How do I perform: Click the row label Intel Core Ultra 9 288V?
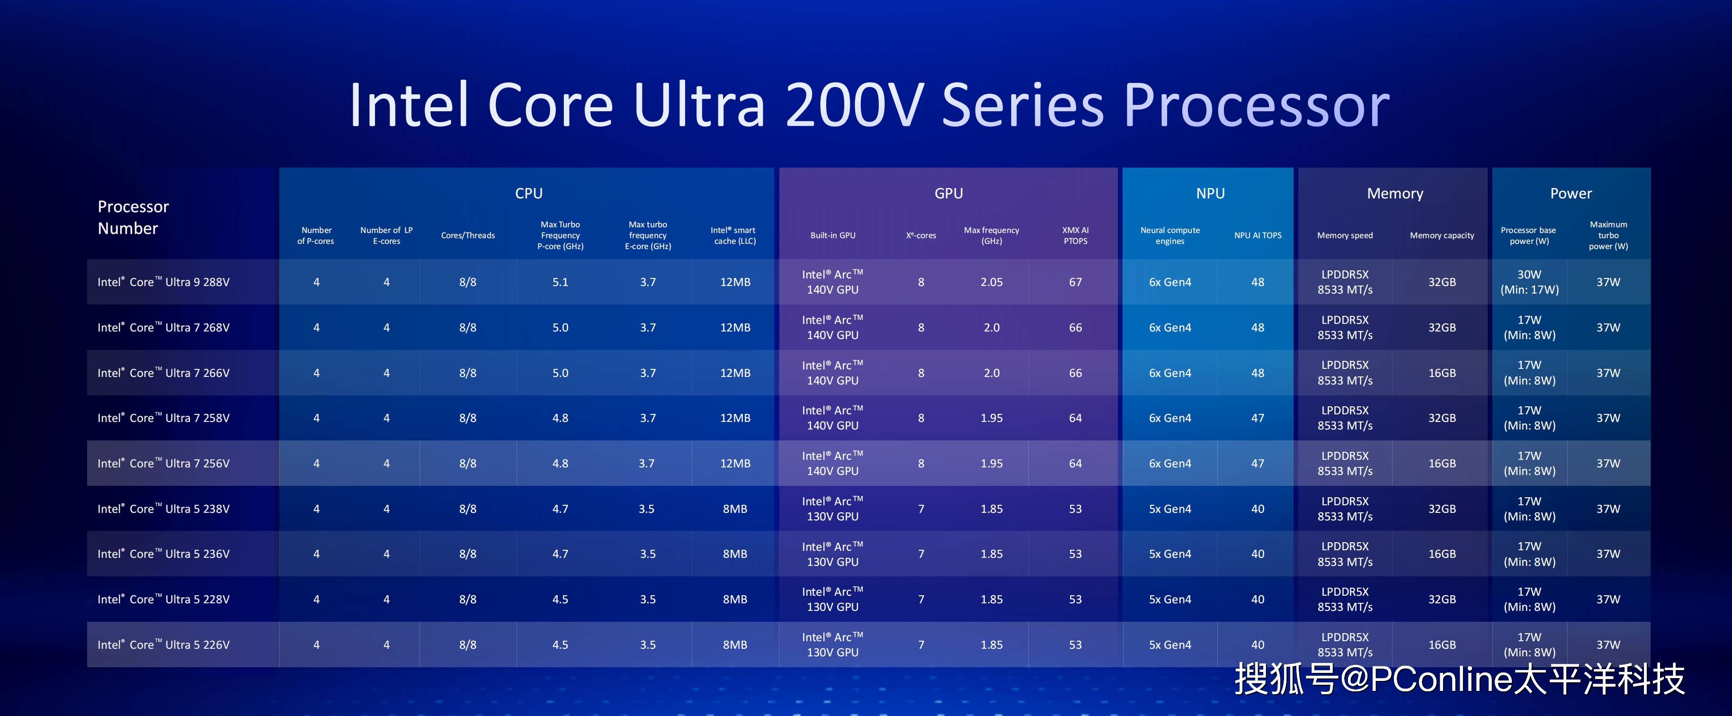point(163,282)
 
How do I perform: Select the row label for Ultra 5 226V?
point(163,645)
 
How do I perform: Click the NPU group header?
point(1210,194)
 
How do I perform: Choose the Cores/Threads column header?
point(467,235)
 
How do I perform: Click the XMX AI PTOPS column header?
point(1075,235)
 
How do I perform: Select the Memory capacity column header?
point(1442,235)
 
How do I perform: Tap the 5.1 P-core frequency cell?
point(560,282)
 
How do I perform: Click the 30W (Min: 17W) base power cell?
point(1529,282)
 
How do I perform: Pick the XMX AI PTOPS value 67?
point(1075,282)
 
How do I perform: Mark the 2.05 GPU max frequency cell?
point(991,282)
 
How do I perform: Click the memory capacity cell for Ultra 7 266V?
point(1442,373)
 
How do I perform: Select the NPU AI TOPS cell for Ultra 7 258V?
point(1257,418)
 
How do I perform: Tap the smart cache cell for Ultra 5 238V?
point(734,509)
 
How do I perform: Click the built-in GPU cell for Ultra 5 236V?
point(832,554)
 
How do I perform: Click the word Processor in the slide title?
point(1255,106)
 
